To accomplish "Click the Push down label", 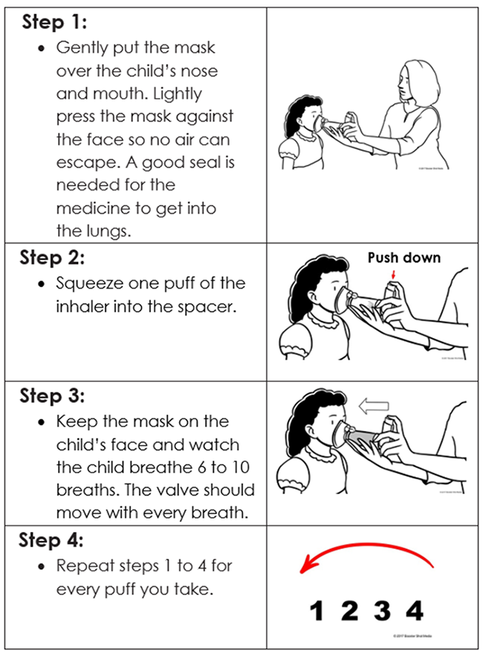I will pos(404,258).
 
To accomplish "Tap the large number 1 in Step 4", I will pos(317,611).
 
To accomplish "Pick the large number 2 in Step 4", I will pos(349,611).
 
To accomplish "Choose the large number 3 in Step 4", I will pos(382,611).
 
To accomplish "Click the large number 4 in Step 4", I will pos(415,611).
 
